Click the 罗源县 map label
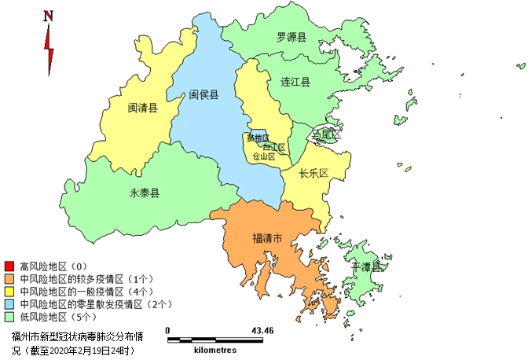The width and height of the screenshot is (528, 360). [x=291, y=37]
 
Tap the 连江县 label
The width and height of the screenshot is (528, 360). [x=295, y=82]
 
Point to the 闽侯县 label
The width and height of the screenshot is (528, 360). [x=203, y=94]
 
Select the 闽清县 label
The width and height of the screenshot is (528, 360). [x=143, y=108]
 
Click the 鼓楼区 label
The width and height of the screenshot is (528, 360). [x=257, y=138]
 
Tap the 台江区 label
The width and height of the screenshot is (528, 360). [x=274, y=147]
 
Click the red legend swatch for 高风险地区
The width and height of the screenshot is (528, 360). [x=9, y=266]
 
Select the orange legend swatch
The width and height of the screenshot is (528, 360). [x=9, y=278]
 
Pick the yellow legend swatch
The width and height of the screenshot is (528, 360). [x=9, y=291]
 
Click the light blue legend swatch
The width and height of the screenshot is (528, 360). [x=9, y=303]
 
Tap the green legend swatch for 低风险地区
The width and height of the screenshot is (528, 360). [x=9, y=316]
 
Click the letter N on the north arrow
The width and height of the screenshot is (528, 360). [x=49, y=15]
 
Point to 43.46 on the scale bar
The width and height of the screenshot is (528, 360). [x=262, y=331]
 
